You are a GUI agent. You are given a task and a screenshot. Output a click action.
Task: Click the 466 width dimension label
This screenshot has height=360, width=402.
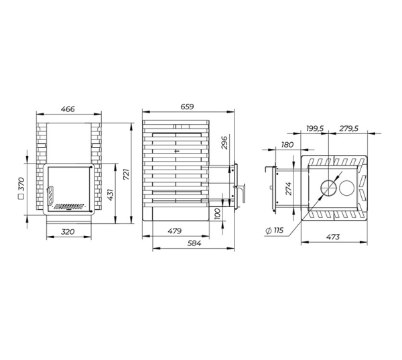[x=68, y=109]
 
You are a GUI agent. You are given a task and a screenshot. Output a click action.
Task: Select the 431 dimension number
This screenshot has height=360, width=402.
[x=110, y=195]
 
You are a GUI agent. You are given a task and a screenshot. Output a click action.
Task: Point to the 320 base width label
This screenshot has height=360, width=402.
[x=68, y=232]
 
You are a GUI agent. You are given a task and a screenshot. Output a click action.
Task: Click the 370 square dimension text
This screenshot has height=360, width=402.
[x=21, y=188]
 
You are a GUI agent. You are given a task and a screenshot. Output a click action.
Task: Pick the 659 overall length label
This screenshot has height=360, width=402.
[x=187, y=107]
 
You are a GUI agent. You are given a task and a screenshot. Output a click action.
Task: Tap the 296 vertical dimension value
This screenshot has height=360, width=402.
[x=224, y=143]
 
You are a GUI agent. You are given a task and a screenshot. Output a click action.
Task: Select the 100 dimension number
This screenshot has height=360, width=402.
[x=217, y=214]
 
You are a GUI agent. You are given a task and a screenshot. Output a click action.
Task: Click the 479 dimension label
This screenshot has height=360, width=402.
[x=175, y=231]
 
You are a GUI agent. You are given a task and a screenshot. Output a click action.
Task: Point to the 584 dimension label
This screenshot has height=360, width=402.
[x=194, y=243]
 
